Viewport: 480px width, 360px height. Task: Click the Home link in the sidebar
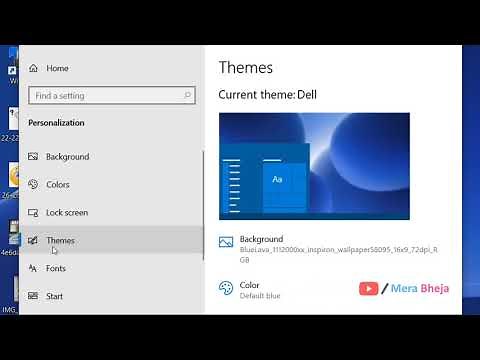click(57, 68)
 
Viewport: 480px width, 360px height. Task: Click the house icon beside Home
click(33, 68)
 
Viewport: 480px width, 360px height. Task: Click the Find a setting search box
click(105, 96)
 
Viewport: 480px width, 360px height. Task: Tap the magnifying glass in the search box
click(187, 96)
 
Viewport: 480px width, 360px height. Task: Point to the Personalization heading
click(56, 123)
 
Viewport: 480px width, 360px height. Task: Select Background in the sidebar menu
click(67, 157)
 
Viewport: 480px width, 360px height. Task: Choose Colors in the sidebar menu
click(58, 185)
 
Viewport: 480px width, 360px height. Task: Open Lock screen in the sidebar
click(67, 213)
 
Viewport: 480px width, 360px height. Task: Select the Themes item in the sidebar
click(60, 241)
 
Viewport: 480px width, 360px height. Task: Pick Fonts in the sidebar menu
click(56, 269)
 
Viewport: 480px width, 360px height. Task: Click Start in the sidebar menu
click(54, 297)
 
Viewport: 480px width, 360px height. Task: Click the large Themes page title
click(245, 67)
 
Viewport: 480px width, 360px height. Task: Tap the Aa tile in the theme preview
click(278, 179)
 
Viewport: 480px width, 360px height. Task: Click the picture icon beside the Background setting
click(226, 242)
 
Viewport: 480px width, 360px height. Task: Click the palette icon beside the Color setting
click(226, 288)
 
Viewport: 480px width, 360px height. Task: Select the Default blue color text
click(260, 296)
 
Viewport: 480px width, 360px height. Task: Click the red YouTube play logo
click(369, 289)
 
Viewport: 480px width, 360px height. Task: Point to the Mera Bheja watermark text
click(421, 289)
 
